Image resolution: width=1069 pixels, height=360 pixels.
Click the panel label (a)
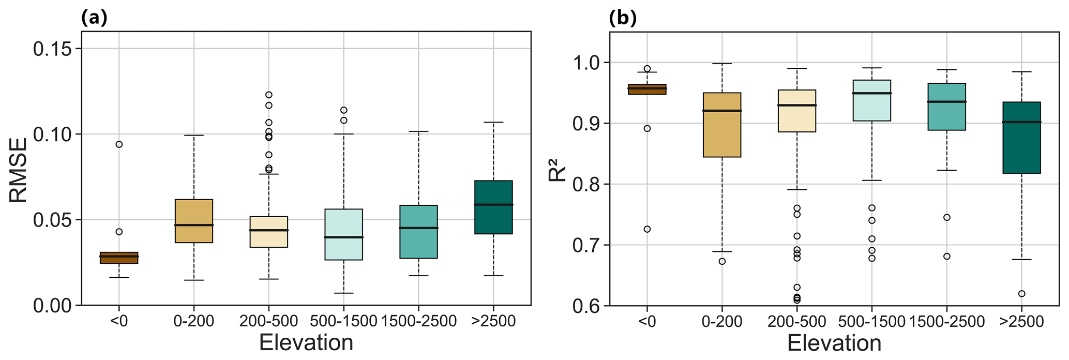pyautogui.click(x=94, y=18)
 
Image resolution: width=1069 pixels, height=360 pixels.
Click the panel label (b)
pyautogui.click(x=623, y=18)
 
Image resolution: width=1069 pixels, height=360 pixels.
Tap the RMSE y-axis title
pyautogui.click(x=18, y=169)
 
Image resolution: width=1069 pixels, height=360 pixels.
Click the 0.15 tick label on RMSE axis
pyautogui.click(x=53, y=49)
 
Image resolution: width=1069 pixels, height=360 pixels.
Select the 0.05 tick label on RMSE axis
pyautogui.click(x=53, y=220)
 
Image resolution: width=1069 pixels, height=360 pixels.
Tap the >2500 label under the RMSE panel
pyautogui.click(x=493, y=322)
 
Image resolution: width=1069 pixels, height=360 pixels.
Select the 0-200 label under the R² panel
pyautogui.click(x=722, y=322)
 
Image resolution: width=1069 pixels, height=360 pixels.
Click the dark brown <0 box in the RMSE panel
pyautogui.click(x=119, y=258)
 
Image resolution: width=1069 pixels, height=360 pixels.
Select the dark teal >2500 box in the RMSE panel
pyautogui.click(x=493, y=207)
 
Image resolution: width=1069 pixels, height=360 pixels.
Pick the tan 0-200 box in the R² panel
pyautogui.click(x=722, y=125)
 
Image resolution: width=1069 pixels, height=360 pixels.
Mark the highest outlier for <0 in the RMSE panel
pyautogui.click(x=119, y=144)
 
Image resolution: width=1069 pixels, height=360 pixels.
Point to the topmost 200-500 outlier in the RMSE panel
pyautogui.click(x=268, y=95)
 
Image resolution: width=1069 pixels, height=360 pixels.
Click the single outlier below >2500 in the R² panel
pyautogui.click(x=1021, y=294)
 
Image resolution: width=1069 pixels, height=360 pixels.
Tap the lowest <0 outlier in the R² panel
pyautogui.click(x=647, y=229)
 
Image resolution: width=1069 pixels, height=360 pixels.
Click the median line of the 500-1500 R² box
pyautogui.click(x=872, y=93)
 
